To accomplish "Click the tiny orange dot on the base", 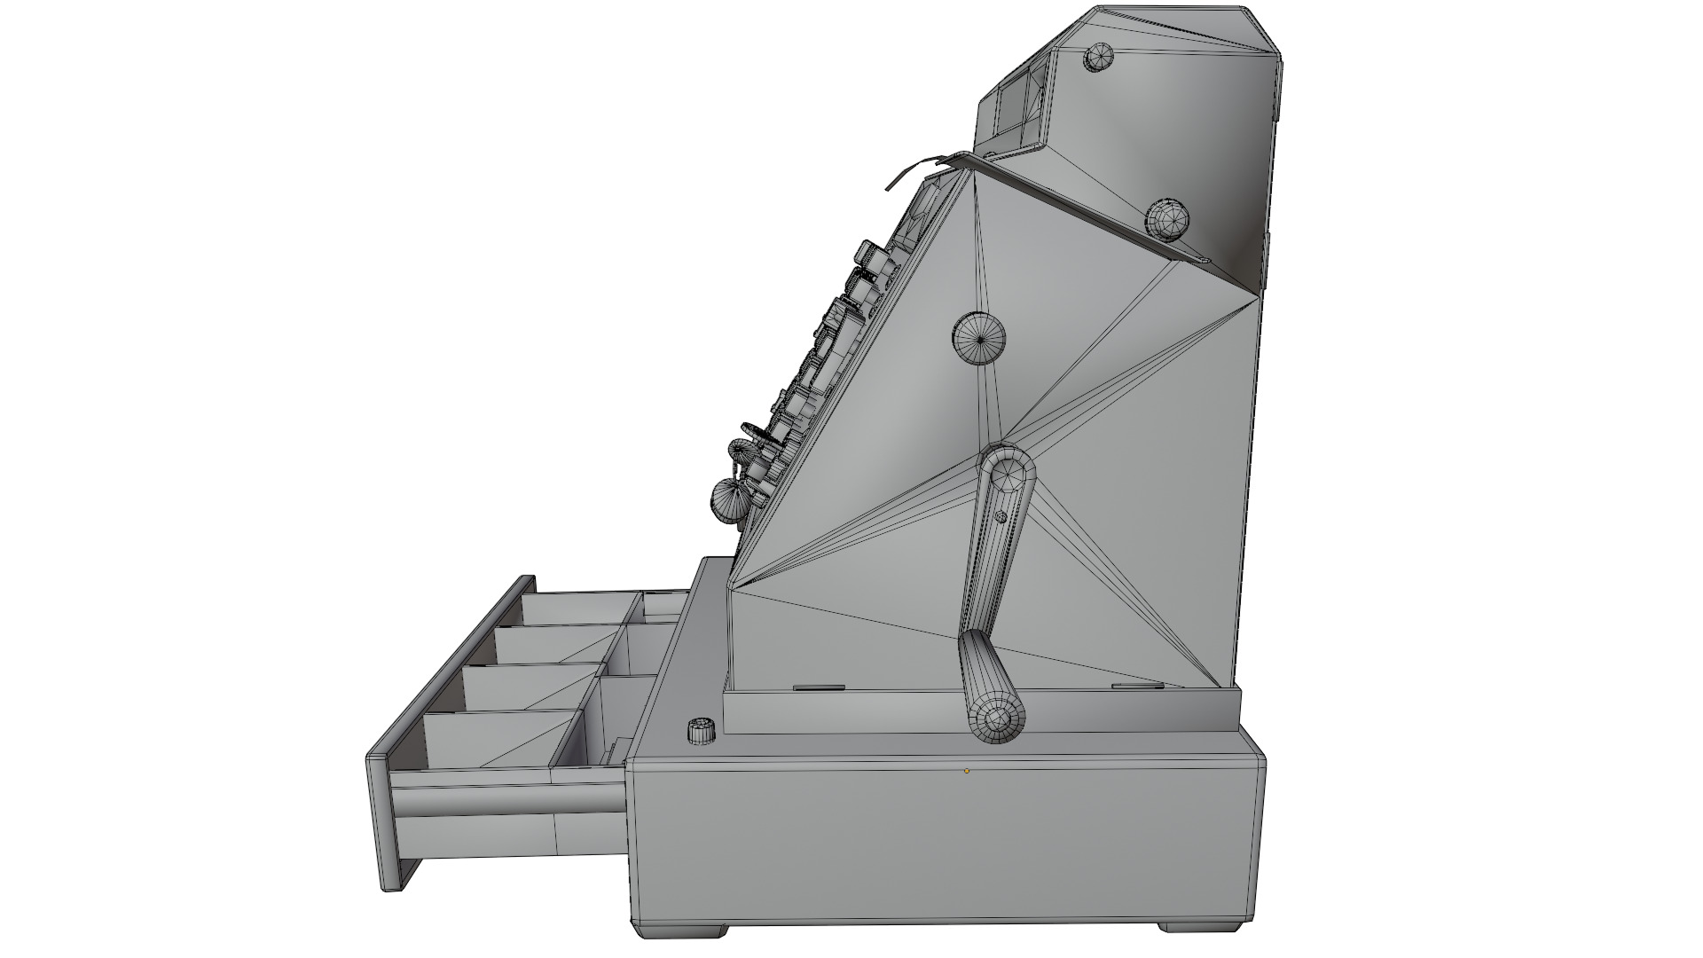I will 967,771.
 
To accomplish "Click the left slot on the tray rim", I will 818,687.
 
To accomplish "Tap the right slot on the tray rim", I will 1137,686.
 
